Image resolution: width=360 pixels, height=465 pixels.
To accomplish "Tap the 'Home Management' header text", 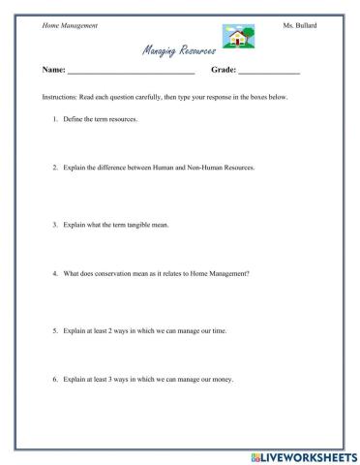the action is [69, 23].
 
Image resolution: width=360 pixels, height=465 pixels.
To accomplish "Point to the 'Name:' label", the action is [54, 71].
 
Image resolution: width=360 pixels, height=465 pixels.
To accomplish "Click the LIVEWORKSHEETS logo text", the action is [305, 454].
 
